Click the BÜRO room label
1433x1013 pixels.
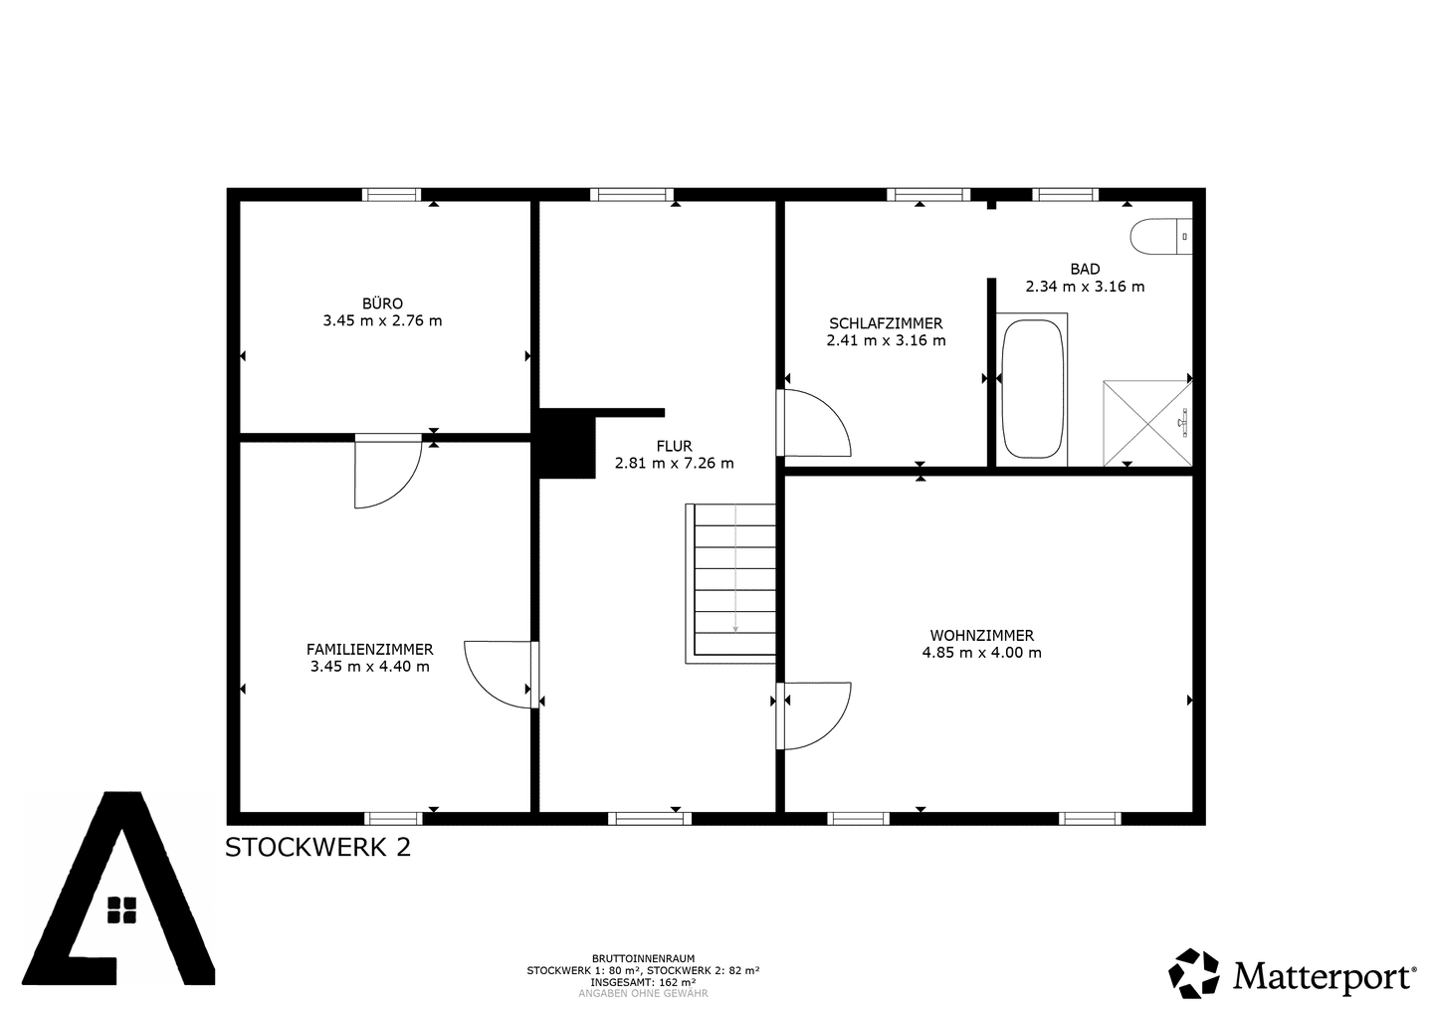pyautogui.click(x=382, y=304)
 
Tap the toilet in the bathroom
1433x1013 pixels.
pyautogui.click(x=1161, y=237)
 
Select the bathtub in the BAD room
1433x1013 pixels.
pyautogui.click(x=1032, y=389)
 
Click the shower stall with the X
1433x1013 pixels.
pyautogui.click(x=1147, y=423)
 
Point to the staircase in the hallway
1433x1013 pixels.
pyautogui.click(x=730, y=583)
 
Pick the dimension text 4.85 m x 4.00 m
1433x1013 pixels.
pyautogui.click(x=981, y=653)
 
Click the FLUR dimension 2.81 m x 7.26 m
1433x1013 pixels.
pyautogui.click(x=675, y=463)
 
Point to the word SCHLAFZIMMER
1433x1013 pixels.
pyautogui.click(x=886, y=323)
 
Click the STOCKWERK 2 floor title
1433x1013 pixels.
pyautogui.click(x=318, y=848)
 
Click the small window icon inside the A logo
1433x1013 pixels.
pyautogui.click(x=121, y=911)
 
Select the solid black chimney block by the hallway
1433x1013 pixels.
pyautogui.click(x=567, y=443)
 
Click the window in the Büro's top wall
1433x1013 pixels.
pyautogui.click(x=391, y=194)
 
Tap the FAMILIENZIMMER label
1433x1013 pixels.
pyautogui.click(x=370, y=650)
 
